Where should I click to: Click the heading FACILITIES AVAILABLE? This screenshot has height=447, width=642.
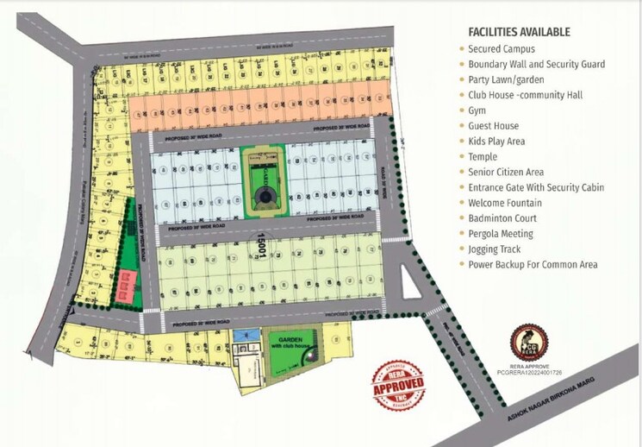[x=519, y=32]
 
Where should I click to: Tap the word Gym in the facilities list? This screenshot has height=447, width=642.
[x=477, y=110]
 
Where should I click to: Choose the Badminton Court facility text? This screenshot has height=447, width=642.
[x=502, y=218]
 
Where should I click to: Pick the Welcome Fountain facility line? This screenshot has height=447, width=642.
[x=506, y=203]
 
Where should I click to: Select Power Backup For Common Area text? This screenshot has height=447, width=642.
[x=533, y=265]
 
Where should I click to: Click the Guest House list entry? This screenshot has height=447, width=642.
[x=494, y=126]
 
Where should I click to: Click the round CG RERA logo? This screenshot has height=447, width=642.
[x=527, y=341]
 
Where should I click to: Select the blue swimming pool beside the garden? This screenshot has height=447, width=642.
[x=251, y=334]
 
